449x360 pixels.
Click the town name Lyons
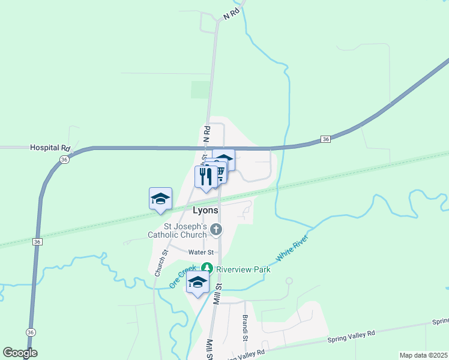(206, 211)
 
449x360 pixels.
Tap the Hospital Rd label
(50, 148)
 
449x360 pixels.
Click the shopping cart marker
(218, 173)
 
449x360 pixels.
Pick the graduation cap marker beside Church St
(160, 199)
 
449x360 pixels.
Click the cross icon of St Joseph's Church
(216, 230)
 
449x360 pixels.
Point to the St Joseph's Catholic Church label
(178, 230)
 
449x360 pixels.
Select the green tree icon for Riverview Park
(207, 269)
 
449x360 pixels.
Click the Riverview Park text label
(243, 269)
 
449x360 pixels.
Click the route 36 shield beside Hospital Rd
(64, 159)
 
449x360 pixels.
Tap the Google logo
(20, 353)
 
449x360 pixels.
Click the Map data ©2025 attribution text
(423, 355)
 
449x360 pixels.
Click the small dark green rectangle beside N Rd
(200, 89)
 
